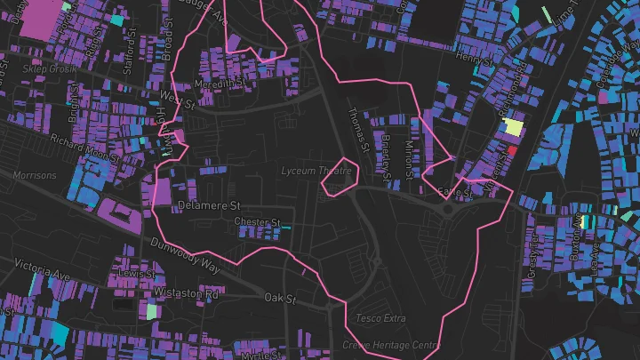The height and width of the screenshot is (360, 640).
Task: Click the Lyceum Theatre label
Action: tap(316, 171)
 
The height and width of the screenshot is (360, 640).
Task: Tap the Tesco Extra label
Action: tap(381, 317)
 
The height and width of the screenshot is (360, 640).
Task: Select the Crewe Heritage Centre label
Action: tap(390, 345)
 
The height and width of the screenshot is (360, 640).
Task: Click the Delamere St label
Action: tap(205, 205)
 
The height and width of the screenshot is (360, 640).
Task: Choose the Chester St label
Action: tap(257, 221)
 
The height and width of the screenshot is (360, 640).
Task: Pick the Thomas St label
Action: tap(357, 126)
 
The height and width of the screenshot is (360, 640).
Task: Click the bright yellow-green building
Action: tap(512, 126)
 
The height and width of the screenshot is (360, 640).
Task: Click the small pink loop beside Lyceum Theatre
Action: tap(338, 176)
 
